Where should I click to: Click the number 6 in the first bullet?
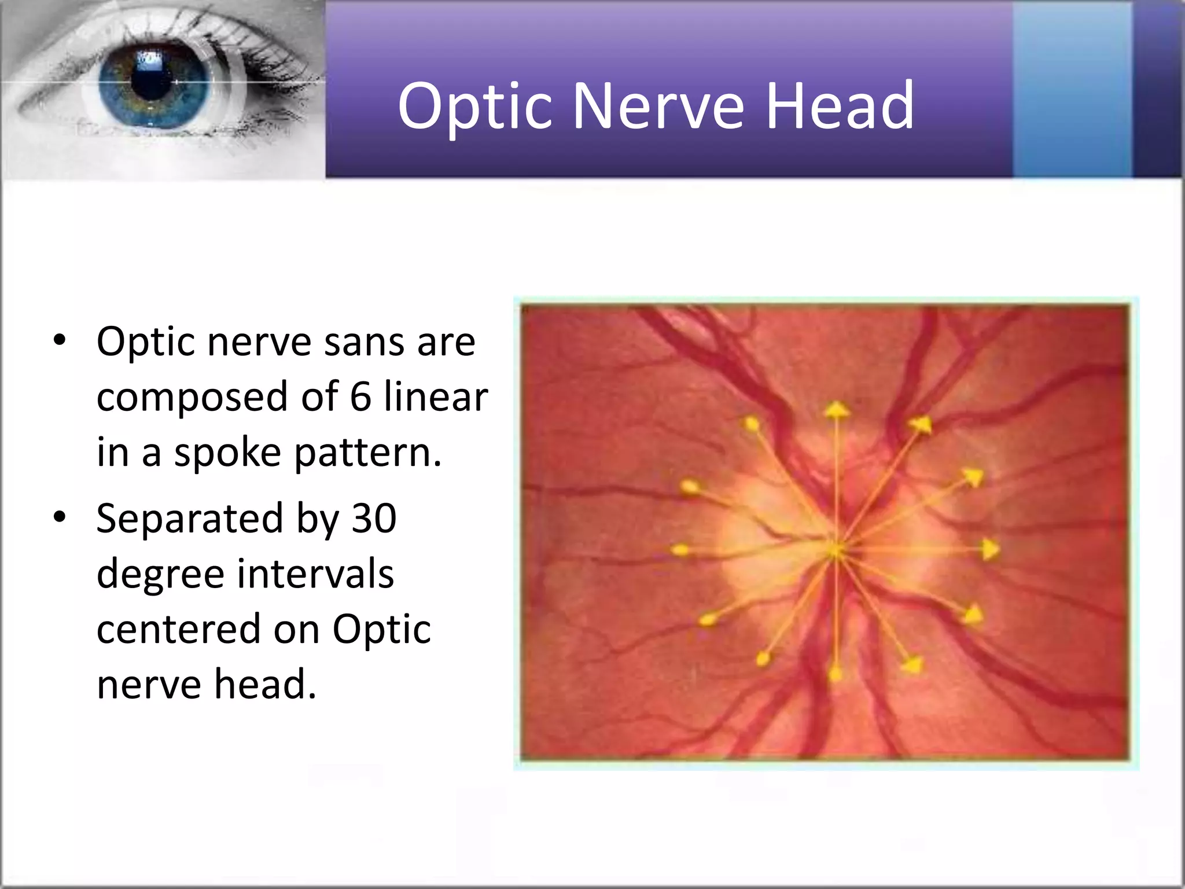coord(360,397)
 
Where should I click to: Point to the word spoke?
coord(227,453)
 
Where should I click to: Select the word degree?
coord(160,575)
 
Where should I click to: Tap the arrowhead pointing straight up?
coord(836,410)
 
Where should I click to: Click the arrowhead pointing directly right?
coord(991,549)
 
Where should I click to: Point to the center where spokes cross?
coord(836,550)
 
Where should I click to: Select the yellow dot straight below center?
coord(836,674)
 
